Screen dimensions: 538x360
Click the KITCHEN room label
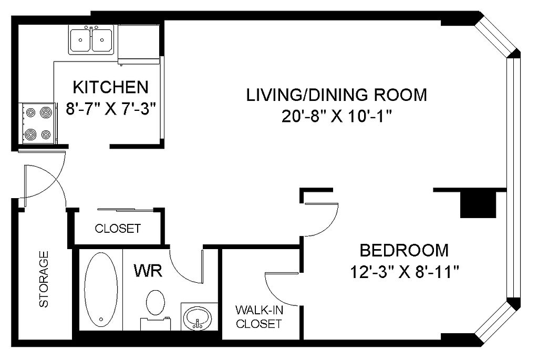coord(110,87)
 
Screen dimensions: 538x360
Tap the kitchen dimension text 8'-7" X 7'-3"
coord(111,110)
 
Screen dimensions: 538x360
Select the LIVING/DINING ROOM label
coord(337,95)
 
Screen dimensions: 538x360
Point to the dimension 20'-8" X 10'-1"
coord(337,117)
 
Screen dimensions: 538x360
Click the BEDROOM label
coord(404,251)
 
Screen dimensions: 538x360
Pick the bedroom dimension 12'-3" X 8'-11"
coord(404,273)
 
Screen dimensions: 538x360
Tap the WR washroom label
coord(148,271)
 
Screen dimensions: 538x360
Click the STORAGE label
coord(44,279)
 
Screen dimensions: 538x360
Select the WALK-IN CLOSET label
coord(259,317)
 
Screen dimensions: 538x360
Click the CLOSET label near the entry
coord(118,228)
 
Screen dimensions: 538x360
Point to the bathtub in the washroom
coord(101,291)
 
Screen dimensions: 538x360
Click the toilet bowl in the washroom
coord(156,302)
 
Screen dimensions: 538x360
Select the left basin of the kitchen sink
coord(80,40)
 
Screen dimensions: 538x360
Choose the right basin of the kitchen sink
coord(102,40)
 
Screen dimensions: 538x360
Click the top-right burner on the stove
coord(45,112)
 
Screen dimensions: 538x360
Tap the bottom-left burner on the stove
coord(30,134)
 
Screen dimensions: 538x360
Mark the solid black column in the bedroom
coord(478,204)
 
